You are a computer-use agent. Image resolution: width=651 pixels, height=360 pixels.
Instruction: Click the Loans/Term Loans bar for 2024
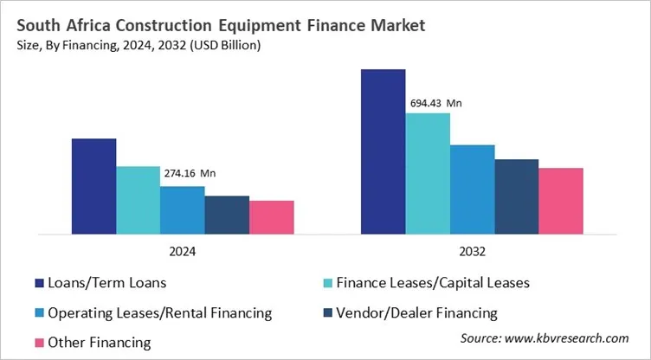coord(93,186)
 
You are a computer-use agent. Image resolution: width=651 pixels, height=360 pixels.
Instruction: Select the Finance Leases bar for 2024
coord(139,200)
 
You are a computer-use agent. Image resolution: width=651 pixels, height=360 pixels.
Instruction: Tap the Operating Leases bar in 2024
coord(183,210)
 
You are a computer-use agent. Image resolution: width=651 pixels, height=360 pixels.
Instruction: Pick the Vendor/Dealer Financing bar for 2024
coord(227,215)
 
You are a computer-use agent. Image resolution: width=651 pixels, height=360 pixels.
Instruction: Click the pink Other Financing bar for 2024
coord(272,217)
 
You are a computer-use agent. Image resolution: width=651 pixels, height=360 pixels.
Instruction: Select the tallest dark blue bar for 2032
coord(384,151)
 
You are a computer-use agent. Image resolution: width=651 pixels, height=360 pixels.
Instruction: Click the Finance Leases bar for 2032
coord(428,173)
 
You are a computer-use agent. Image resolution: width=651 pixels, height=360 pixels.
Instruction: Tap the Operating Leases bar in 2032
coord(472,189)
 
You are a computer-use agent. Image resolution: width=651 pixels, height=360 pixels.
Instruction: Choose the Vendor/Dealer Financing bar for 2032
coord(517,196)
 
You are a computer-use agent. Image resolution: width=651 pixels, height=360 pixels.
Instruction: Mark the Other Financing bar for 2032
coord(561,201)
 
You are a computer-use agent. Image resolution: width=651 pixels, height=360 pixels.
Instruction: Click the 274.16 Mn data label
coord(190,173)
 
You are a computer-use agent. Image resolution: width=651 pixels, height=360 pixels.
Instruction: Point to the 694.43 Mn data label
coord(436,103)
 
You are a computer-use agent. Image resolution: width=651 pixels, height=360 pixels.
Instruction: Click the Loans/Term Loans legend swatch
coord(39,283)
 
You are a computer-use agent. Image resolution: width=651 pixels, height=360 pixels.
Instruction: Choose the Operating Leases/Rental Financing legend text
coord(160,312)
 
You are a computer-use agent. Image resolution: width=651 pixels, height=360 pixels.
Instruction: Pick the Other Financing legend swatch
coord(39,343)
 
